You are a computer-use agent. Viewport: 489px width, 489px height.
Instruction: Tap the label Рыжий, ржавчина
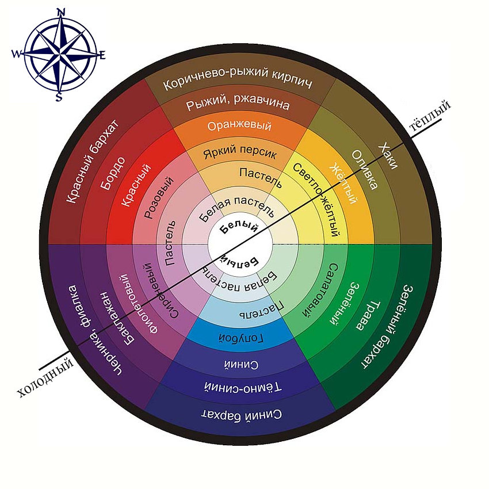tap(238, 106)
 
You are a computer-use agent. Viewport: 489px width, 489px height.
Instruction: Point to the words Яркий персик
tap(240, 154)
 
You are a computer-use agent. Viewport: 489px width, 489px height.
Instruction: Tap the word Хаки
tap(387, 156)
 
